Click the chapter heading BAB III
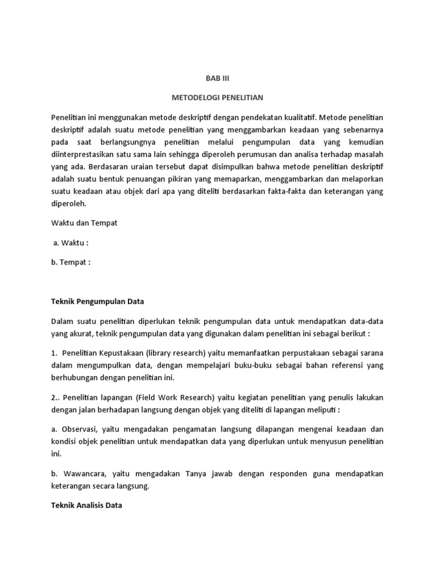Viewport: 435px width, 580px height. (217, 78)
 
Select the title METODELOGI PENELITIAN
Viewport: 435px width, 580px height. (217, 98)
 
